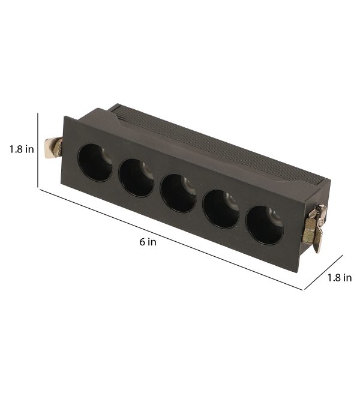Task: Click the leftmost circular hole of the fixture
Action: point(95,163)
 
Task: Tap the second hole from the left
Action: point(137,178)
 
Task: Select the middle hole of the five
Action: point(179,193)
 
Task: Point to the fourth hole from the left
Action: point(221,209)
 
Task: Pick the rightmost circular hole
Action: point(265,225)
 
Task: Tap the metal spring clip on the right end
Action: point(315,228)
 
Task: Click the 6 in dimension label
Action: point(148,242)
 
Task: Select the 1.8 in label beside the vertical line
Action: point(22,149)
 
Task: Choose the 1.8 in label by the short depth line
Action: point(340,278)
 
